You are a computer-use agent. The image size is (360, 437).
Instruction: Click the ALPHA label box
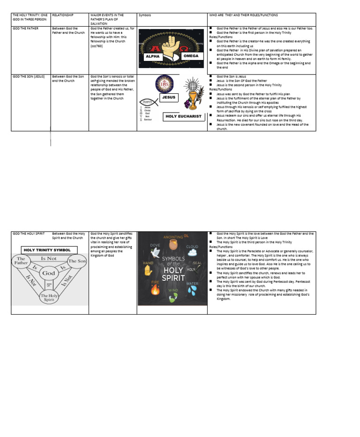pyautogui.click(x=153, y=56)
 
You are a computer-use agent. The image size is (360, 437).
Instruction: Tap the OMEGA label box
pyautogui.click(x=191, y=56)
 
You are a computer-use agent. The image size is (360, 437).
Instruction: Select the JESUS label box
pyautogui.click(x=169, y=98)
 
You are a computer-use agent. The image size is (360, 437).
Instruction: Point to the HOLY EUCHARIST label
pyautogui.click(x=183, y=116)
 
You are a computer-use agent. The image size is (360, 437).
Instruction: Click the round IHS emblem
pyautogui.click(x=164, y=83)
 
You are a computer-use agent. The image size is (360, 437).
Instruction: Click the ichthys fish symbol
pyautogui.click(x=146, y=101)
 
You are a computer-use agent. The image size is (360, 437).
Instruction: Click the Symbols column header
pyautogui.click(x=145, y=15)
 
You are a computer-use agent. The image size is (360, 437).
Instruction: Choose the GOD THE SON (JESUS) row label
pyautogui.click(x=29, y=76)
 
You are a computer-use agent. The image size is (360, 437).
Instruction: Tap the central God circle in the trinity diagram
pyautogui.click(x=49, y=272)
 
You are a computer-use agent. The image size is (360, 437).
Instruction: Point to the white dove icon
pyautogui.click(x=155, y=251)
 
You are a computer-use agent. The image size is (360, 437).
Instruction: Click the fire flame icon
pyautogui.click(x=155, y=289)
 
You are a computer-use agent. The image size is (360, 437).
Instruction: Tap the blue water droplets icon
pyautogui.click(x=192, y=290)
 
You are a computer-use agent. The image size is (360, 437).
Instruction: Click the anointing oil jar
pyautogui.click(x=172, y=245)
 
